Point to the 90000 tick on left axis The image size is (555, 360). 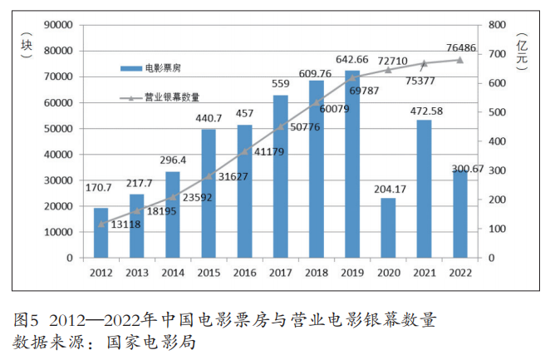tap(56, 25)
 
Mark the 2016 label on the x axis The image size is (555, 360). tap(244, 271)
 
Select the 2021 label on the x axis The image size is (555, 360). tap(424, 271)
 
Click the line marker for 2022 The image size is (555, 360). tap(459, 60)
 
